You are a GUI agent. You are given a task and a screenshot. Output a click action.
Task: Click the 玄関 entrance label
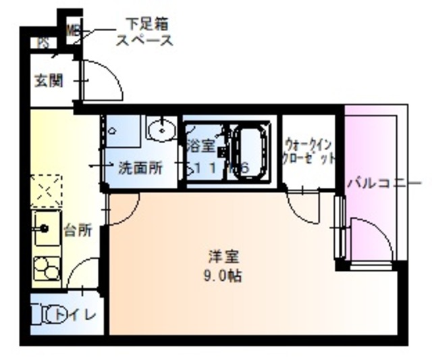pos(49,81)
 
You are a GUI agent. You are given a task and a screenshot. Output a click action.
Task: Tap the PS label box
pos(43,43)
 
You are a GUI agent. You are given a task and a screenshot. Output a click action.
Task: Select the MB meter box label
pos(72,31)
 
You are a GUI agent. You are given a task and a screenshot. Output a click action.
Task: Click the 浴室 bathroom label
pos(200,144)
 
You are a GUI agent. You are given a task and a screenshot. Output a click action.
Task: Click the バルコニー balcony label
pos(385,183)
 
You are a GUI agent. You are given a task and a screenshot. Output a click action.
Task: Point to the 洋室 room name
pos(224,257)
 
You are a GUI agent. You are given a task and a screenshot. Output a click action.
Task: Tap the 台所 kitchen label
pos(78,230)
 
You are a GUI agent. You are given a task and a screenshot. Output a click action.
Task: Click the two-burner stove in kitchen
pos(46,269)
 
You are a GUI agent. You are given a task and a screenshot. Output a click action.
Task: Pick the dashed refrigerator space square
pos(46,190)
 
